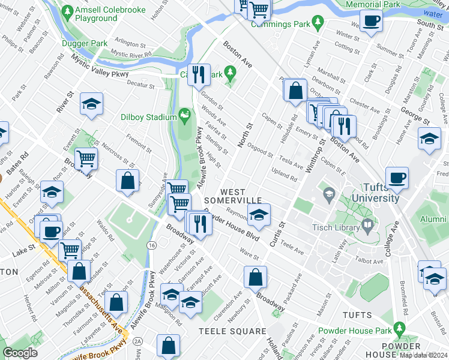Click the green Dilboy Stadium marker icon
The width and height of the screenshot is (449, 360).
point(185,114)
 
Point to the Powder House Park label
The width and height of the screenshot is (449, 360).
point(354,331)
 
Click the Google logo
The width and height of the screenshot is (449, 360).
point(20,353)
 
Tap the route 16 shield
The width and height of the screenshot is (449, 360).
point(151,246)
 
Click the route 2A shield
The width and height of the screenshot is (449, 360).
point(137,341)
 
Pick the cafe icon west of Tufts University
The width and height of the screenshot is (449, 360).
point(397,177)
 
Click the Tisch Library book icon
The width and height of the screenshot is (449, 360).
point(367,227)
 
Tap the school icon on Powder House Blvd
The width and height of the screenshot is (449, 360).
point(259,215)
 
